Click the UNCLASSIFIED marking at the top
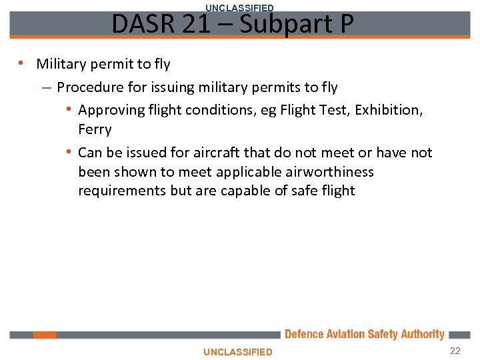(x=239, y=8)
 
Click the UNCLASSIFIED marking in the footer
(x=238, y=352)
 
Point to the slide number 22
(x=455, y=351)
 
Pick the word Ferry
(x=95, y=129)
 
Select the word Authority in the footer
(x=422, y=335)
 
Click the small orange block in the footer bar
(x=45, y=335)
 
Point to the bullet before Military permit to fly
(x=22, y=64)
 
